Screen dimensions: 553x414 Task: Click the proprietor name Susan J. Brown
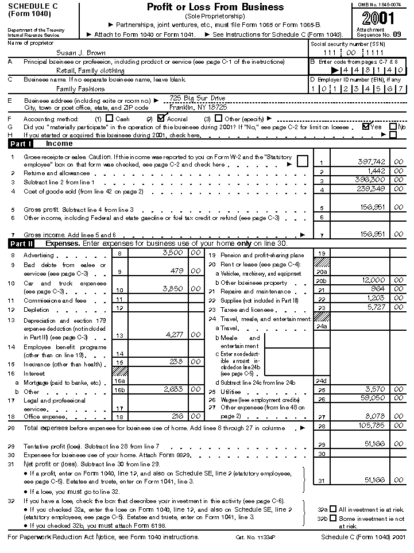80,53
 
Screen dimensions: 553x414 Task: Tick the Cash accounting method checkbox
109,118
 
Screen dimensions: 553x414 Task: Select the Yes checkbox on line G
366,126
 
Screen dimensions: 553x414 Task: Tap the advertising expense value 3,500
173,253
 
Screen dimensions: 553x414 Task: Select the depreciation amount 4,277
173,334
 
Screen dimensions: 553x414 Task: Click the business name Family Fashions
80,89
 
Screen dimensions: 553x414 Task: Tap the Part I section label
20,144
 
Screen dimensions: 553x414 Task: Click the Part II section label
20,243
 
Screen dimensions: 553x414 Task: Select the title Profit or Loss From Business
215,7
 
